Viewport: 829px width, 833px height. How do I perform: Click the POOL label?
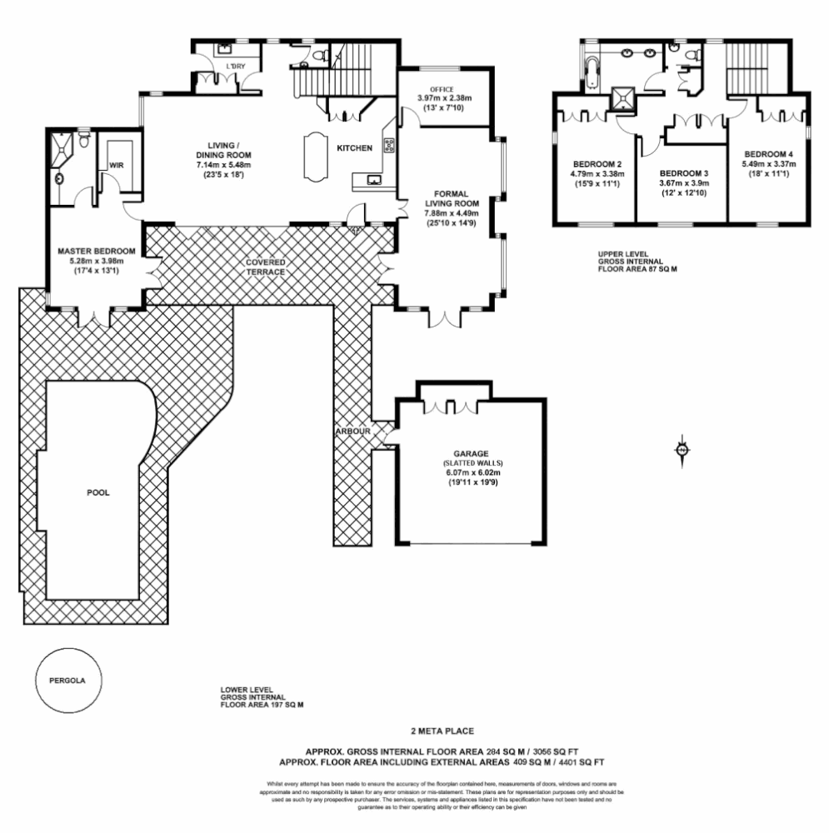(98, 492)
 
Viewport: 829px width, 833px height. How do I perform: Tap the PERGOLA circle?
(70, 678)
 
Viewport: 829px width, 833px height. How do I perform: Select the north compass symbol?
(682, 449)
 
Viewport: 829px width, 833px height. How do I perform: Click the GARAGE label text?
(472, 453)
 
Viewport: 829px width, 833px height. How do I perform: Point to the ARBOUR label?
(353, 432)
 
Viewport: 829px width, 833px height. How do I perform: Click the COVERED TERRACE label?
(266, 267)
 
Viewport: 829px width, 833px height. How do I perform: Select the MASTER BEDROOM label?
(96, 251)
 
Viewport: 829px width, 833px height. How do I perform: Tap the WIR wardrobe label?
(116, 166)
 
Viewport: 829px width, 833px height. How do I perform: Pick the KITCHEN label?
(354, 148)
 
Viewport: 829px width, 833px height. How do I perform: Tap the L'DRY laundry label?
(237, 66)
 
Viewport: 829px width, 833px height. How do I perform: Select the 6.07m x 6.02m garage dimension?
(471, 472)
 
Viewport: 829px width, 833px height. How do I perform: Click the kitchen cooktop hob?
(388, 146)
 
